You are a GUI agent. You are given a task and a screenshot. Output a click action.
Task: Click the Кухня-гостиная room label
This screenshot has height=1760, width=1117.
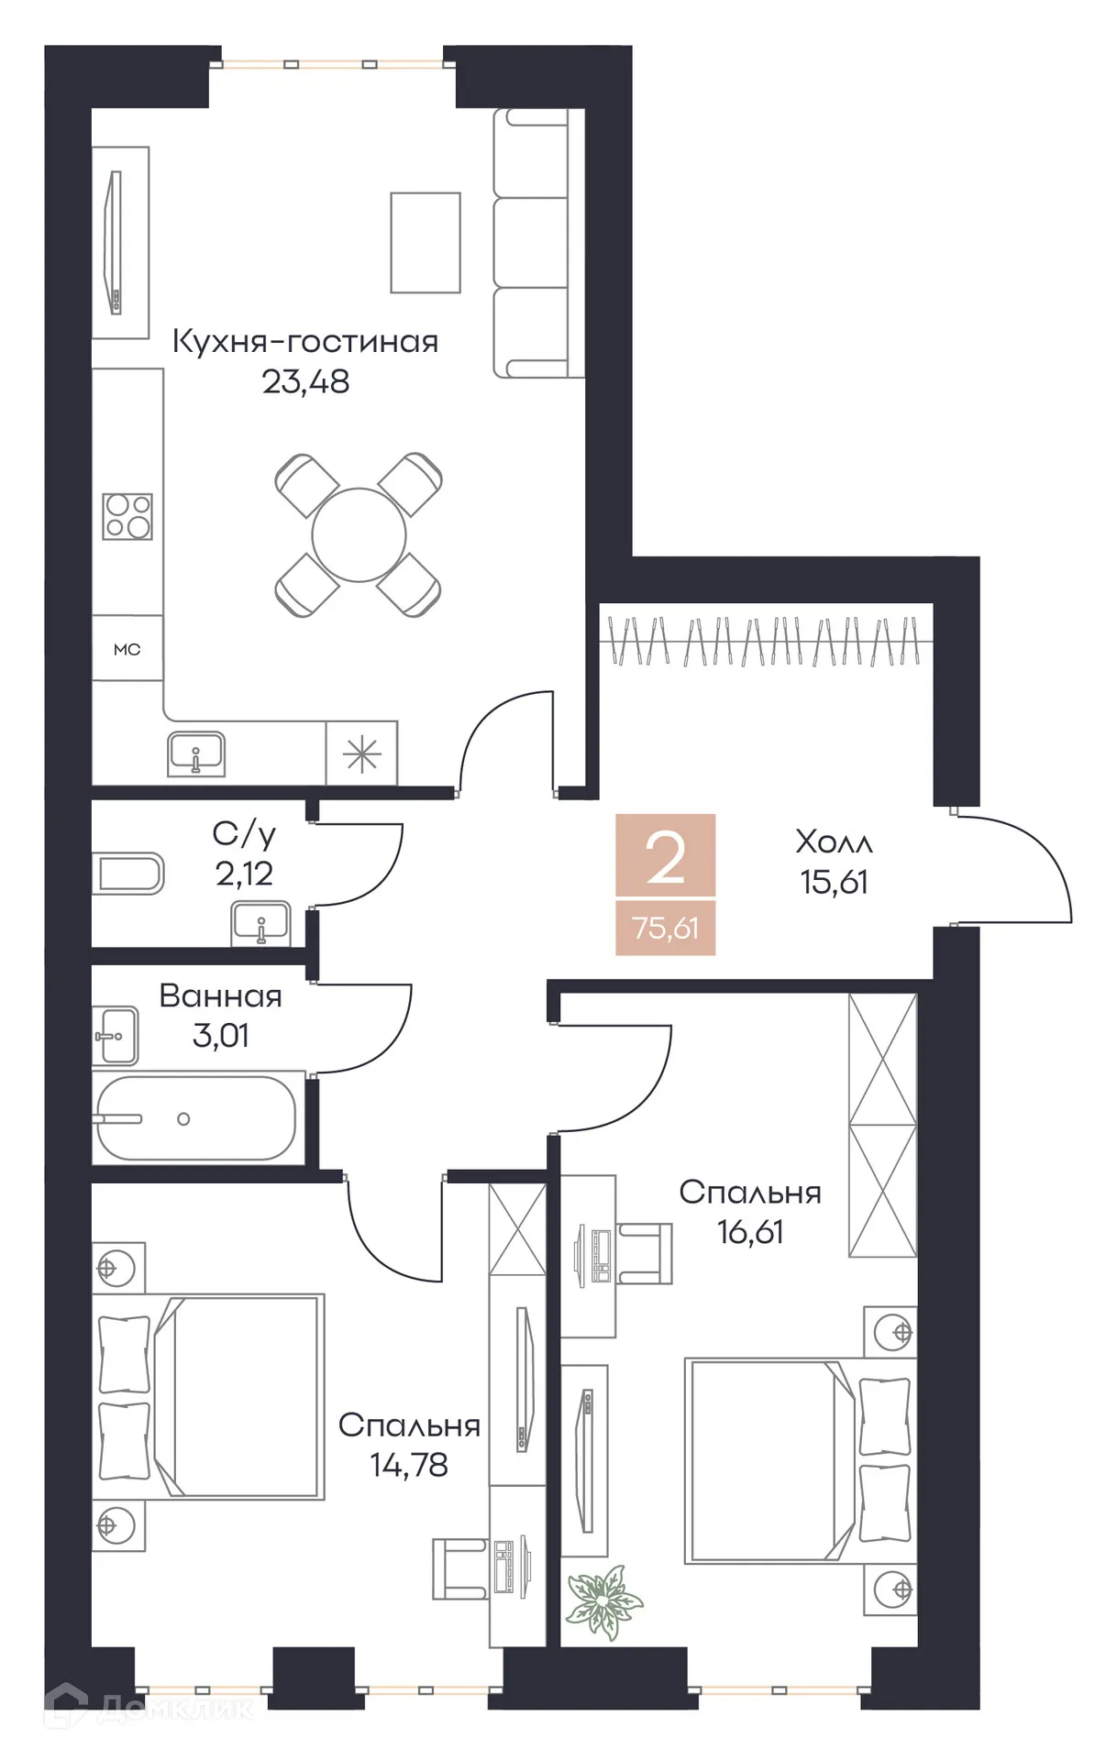click(x=305, y=342)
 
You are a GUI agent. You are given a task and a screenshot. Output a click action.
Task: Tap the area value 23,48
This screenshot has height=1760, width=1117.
click(x=305, y=381)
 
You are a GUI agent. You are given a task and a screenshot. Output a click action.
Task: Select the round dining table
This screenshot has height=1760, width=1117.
click(x=359, y=535)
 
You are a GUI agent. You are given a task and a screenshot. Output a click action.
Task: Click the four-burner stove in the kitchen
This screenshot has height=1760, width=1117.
click(x=127, y=517)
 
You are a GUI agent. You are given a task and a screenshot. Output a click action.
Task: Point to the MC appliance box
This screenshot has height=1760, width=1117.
click(x=127, y=649)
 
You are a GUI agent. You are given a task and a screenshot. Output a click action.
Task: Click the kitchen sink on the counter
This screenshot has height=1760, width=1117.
click(x=196, y=754)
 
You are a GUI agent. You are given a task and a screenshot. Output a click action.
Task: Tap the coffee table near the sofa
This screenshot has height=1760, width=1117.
click(x=426, y=243)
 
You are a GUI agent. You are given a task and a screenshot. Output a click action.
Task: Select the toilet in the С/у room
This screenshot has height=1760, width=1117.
click(x=128, y=874)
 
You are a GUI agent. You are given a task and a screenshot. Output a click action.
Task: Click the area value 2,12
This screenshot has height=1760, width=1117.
click(x=244, y=874)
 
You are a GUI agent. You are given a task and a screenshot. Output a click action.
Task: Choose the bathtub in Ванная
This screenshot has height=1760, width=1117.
click(x=196, y=1119)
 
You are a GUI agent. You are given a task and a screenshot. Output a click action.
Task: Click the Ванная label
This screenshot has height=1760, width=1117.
click(x=220, y=996)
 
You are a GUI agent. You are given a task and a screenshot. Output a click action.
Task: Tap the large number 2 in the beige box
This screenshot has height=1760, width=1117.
click(x=665, y=858)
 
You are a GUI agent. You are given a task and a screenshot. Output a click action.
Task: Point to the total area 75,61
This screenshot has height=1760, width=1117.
click(x=665, y=928)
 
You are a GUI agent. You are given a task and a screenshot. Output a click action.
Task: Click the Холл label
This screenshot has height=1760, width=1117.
click(x=834, y=841)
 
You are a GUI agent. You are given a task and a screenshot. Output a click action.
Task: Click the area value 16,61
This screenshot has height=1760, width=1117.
click(x=750, y=1232)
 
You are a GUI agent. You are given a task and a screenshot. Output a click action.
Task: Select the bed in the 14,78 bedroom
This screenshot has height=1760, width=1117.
click(x=211, y=1396)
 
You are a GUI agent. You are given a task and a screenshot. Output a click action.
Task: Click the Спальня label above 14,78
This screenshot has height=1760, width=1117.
click(x=409, y=1425)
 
